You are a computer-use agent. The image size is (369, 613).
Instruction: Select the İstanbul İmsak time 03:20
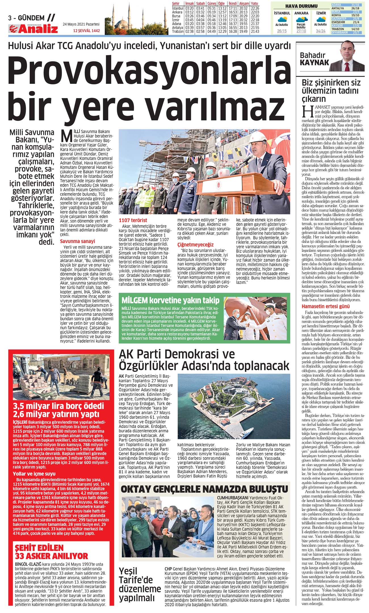click(x=189, y=8)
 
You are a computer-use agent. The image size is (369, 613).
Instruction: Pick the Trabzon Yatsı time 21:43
click(x=255, y=31)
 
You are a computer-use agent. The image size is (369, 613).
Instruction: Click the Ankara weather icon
click(x=301, y=20)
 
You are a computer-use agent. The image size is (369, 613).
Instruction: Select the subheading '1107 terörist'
click(x=133, y=220)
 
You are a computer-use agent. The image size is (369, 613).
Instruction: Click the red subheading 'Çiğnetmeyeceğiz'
click(x=195, y=244)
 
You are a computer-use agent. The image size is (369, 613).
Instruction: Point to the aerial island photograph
click(x=234, y=406)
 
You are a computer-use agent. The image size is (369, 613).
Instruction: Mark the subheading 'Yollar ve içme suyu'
click(x=34, y=474)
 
